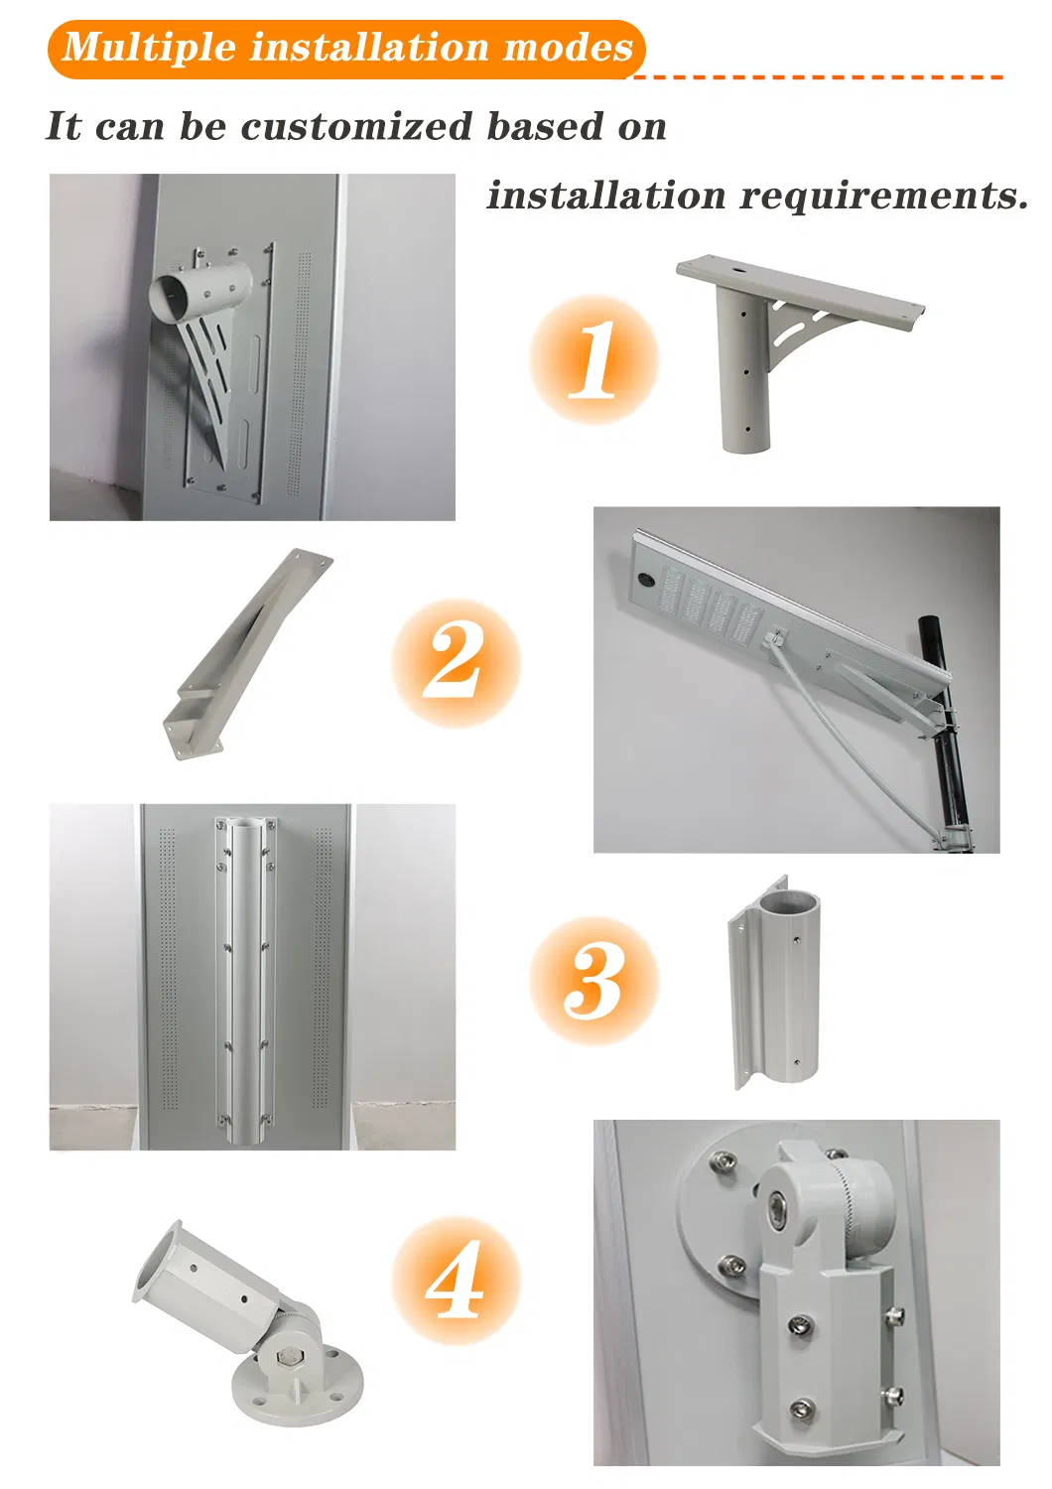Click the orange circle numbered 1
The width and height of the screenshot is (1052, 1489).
click(593, 359)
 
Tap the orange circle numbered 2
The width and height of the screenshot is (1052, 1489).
click(456, 663)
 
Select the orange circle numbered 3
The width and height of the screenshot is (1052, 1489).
click(593, 981)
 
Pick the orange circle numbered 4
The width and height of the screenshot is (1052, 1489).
click(456, 1281)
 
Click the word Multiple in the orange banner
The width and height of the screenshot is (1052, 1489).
click(149, 48)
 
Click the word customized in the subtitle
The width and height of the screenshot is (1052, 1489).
click(356, 126)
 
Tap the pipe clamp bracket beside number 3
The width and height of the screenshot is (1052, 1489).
click(774, 983)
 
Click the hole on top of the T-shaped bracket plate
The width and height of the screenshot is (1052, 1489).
click(738, 272)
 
